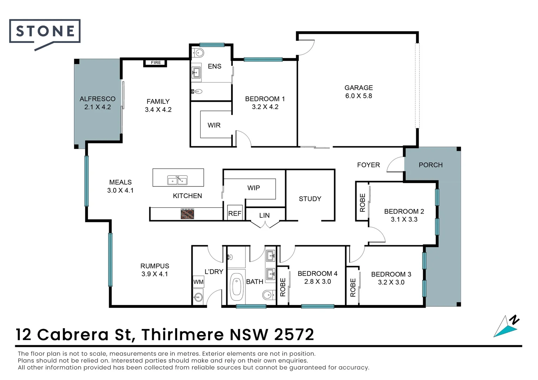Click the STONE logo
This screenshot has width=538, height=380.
coord(45,32)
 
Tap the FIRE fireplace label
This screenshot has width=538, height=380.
coord(156,63)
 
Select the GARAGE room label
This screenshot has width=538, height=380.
coord(358,88)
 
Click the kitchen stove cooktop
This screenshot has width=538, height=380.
coord(187,214)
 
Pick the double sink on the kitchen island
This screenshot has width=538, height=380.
coord(177,180)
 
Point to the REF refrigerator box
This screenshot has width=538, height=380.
coord(235,213)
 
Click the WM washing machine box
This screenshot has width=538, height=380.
coord(198,282)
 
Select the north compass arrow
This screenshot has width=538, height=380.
coord(506,327)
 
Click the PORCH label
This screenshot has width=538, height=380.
coord(430,165)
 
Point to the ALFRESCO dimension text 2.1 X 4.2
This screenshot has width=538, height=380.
coord(98,107)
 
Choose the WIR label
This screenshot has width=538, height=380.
coord(214,125)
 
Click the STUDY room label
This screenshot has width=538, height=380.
coord(310,199)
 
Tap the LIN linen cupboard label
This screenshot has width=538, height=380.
coord(264,215)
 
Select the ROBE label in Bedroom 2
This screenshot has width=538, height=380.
coord(362,203)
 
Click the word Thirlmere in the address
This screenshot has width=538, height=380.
coord(182,335)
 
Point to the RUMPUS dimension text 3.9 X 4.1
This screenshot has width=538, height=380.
coord(155,274)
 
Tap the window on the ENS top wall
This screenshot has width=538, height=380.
coord(212,45)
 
